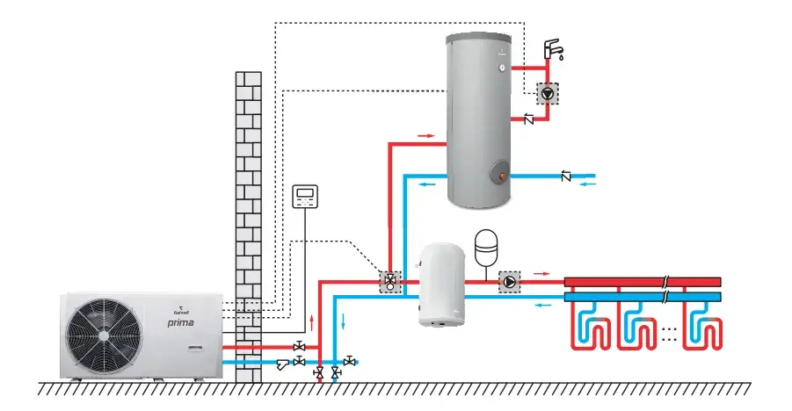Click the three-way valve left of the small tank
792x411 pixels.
click(389, 283)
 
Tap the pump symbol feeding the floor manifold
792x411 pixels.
click(509, 282)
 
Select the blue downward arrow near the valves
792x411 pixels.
click(344, 322)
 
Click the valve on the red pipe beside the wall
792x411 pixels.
click(300, 346)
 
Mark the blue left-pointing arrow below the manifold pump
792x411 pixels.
click(545, 305)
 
